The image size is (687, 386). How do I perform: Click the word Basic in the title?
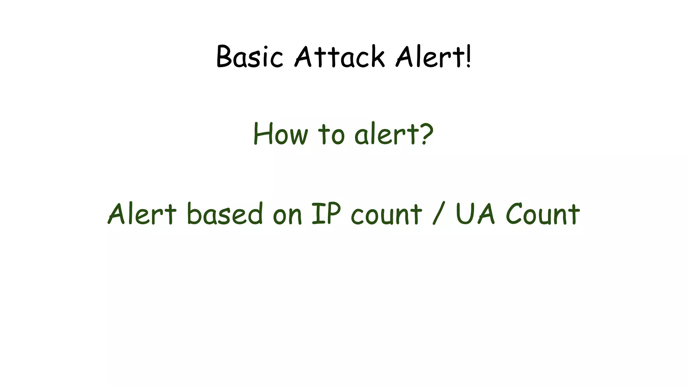pos(250,57)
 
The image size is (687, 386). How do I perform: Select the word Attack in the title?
pos(339,57)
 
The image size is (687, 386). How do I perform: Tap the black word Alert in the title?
pos(429,57)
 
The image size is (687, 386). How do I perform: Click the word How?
pos(280,134)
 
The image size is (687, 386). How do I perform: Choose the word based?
pos(225,214)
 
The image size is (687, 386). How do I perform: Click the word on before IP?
pos(287,216)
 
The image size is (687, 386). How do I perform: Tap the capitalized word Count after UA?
pos(543,214)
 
